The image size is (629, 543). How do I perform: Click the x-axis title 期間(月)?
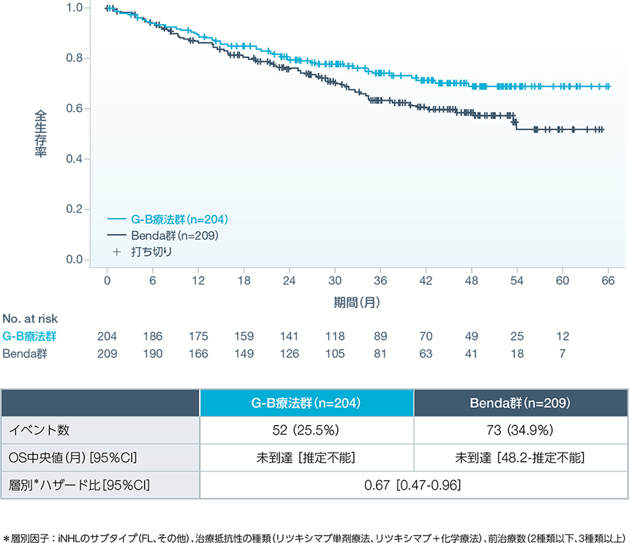click(357, 300)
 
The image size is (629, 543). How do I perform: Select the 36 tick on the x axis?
click(380, 280)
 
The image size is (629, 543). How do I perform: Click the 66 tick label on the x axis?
click(608, 280)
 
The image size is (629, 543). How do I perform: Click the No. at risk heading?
click(30, 319)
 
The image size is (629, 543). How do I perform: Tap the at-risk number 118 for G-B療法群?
click(334, 336)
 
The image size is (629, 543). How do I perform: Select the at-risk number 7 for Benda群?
click(562, 354)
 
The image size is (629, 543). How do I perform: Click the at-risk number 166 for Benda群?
click(197, 354)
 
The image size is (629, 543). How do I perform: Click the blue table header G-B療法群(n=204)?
click(307, 403)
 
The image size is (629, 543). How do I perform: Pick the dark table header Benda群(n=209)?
click(521, 403)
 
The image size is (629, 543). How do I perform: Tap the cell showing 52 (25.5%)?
click(307, 430)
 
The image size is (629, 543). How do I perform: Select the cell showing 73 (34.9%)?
click(521, 430)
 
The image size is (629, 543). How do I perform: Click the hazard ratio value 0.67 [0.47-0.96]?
click(414, 485)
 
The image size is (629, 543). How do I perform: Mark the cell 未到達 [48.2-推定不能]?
click(521, 457)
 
